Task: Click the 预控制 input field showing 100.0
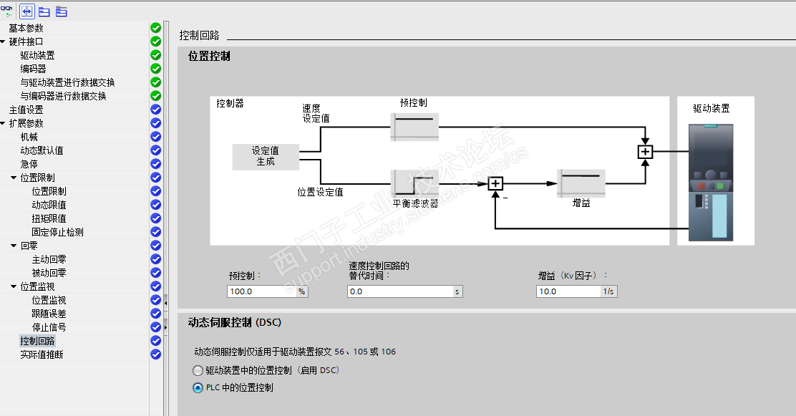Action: [261, 291]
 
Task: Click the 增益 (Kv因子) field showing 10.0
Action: [568, 291]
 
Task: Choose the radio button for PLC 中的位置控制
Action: [198, 388]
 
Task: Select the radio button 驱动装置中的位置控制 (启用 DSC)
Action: [198, 371]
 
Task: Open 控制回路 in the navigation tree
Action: [37, 341]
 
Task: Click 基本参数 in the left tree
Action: [26, 28]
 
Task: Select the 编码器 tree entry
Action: [33, 69]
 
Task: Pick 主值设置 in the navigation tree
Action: [26, 110]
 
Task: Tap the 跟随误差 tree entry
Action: [49, 314]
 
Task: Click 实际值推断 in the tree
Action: [42, 354]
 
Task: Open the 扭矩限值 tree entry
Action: [49, 218]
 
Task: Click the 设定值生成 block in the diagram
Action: [266, 156]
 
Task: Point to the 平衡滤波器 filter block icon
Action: [414, 183]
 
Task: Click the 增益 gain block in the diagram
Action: [581, 183]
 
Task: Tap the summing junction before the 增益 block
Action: [495, 184]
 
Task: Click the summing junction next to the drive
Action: [645, 152]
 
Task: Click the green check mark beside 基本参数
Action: [156, 28]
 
